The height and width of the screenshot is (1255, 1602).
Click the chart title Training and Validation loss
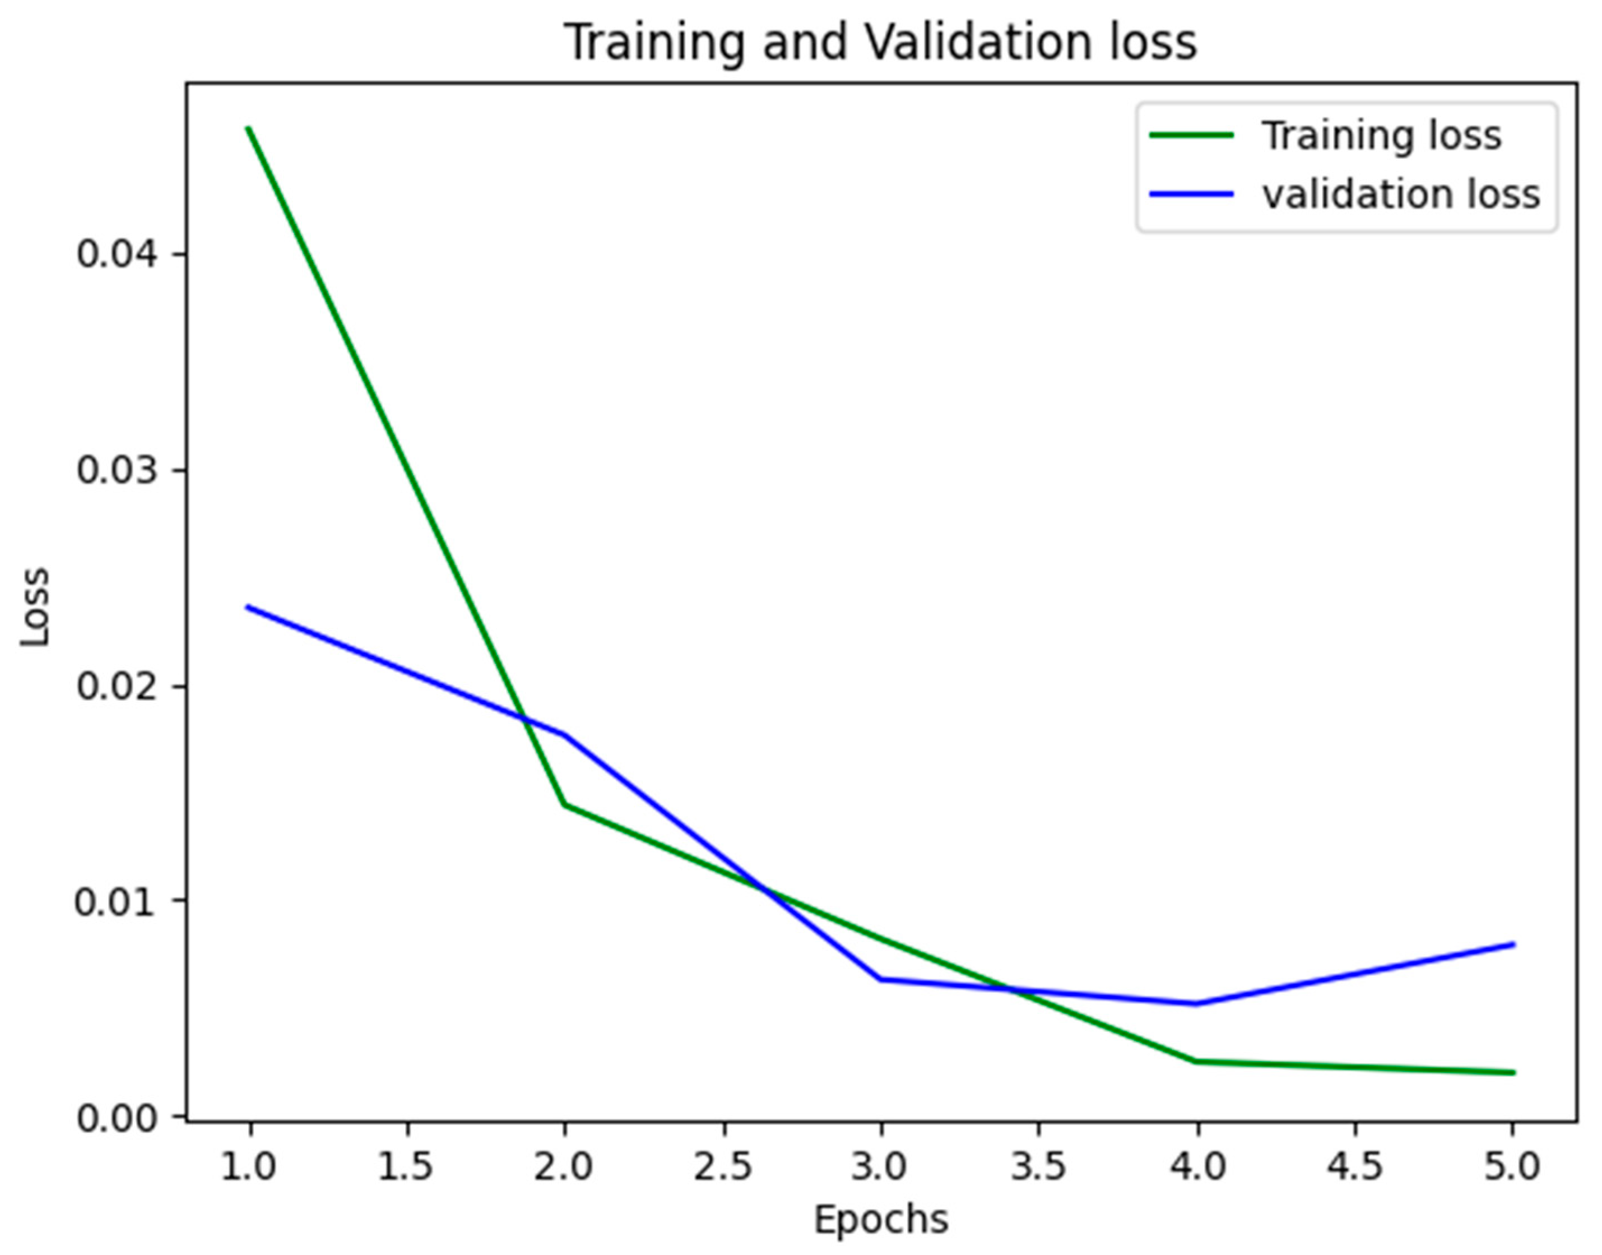880,42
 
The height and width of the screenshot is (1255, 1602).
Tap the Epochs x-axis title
880,1220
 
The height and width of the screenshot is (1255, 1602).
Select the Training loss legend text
1381,136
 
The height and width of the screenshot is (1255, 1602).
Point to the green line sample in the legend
1191,135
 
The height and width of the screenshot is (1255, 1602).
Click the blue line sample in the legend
1191,194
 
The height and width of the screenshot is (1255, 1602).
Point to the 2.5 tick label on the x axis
723,1168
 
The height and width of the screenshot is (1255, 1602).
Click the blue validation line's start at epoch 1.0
249,607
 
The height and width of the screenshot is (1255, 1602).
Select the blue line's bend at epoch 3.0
881,979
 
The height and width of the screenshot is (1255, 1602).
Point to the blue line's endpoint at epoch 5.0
1513,944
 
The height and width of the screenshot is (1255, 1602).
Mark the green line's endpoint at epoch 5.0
1513,1073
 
